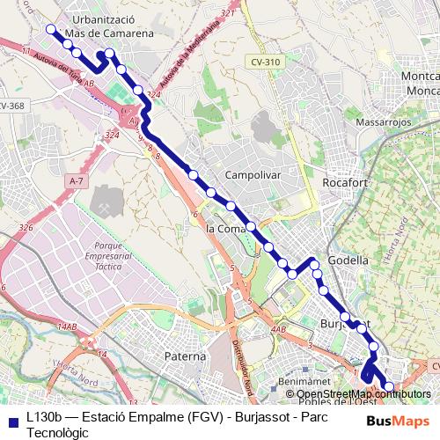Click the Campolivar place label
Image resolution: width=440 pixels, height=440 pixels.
click(x=253, y=174)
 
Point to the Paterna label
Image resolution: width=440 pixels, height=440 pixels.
click(x=185, y=356)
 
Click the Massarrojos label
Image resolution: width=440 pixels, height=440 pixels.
click(x=383, y=121)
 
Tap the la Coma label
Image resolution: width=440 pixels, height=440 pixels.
click(x=224, y=228)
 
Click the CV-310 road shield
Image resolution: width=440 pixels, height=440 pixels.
click(x=264, y=62)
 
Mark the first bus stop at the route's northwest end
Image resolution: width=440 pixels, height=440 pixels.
click(x=50, y=29)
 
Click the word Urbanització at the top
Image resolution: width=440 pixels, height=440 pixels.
click(x=109, y=18)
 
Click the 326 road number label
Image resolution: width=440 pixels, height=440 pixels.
click(x=26, y=228)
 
